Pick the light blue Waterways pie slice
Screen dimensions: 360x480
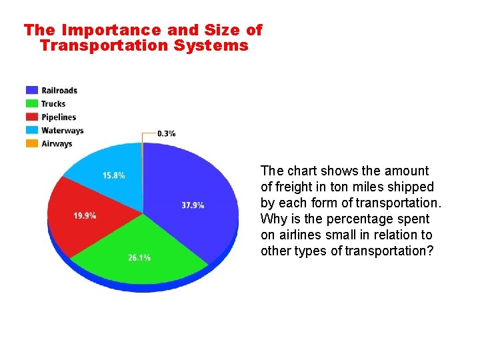pos(110,170)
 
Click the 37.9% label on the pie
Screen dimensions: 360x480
pos(193,205)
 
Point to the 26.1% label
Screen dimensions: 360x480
pos(139,257)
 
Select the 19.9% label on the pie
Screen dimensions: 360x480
pos(85,215)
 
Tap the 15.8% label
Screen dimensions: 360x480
pos(113,175)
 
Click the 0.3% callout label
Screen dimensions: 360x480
pos(167,133)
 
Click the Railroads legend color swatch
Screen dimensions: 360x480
pos(31,90)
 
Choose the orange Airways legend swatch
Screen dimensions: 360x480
pos(31,143)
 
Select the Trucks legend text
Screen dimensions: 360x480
pos(53,103)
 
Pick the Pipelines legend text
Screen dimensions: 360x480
pos(59,117)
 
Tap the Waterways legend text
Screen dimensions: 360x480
pos(62,130)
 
